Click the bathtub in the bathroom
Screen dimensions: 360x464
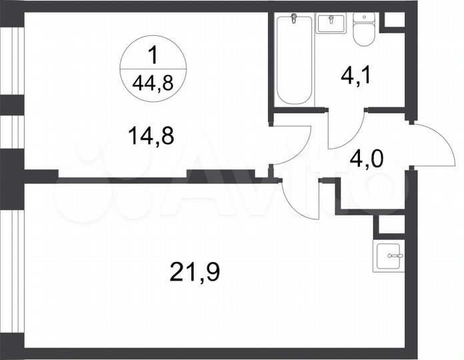(x=294, y=60)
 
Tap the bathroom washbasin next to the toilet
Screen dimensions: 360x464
(x=330, y=23)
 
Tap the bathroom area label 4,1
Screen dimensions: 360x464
(x=355, y=74)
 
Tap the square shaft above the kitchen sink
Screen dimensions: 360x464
(x=390, y=225)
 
